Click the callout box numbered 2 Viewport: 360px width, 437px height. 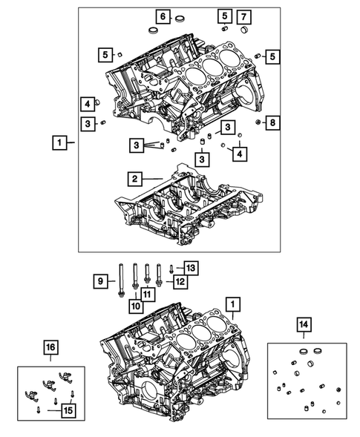[x=134, y=179]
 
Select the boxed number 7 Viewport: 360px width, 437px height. [x=243, y=16]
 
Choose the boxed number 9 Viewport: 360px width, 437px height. [x=99, y=280]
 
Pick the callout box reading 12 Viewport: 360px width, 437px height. [x=178, y=281]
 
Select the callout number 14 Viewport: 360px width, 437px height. [x=304, y=323]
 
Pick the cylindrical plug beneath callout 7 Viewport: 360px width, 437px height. [x=243, y=30]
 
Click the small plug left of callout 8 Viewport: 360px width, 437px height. [x=257, y=122]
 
